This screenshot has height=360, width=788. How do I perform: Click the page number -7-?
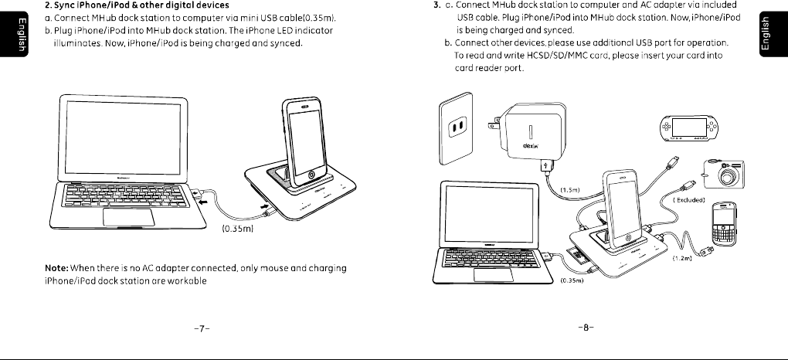pos(200,328)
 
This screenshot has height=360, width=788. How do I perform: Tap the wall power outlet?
pos(457,129)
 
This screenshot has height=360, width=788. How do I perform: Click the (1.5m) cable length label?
pos(569,189)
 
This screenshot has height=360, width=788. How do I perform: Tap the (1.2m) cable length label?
pos(681,257)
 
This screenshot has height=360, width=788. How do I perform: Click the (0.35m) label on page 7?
pos(238,229)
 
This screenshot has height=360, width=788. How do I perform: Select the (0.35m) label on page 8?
pos(572,280)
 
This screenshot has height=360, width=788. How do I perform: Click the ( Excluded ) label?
pos(690,199)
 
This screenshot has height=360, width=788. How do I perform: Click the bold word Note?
pos(57,267)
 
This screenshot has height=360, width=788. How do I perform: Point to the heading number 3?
pos(437,5)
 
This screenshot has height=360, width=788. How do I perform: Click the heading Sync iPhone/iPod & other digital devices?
pos(148,5)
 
